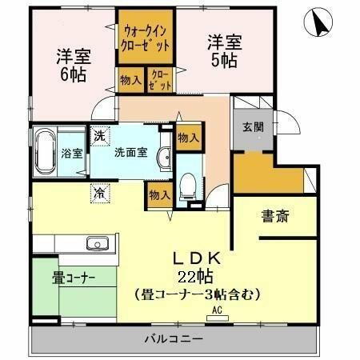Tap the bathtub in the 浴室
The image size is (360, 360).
[44, 153]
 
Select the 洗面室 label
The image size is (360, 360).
[129, 152]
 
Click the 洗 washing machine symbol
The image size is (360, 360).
[98, 136]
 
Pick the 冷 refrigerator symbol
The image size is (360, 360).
[98, 193]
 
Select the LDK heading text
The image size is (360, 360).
[198, 260]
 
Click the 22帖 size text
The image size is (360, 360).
[198, 278]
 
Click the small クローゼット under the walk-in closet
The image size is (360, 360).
[158, 79]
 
